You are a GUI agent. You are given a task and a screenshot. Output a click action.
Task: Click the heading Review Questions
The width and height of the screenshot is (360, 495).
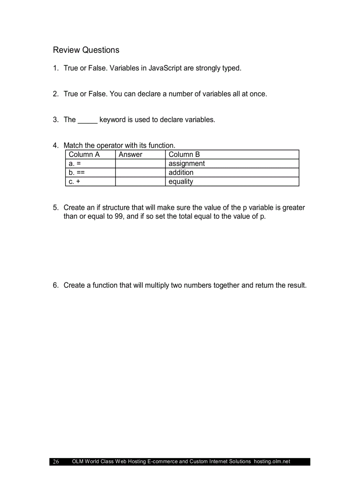tap(86, 50)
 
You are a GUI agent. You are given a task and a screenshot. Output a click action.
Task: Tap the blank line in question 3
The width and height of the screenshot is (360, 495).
tap(87, 120)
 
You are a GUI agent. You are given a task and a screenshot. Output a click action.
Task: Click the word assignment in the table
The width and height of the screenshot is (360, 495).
tap(187, 164)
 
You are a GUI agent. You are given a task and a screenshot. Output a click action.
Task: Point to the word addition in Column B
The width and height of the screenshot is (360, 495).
tap(181, 172)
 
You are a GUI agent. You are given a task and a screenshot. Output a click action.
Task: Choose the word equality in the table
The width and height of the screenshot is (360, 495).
tap(181, 182)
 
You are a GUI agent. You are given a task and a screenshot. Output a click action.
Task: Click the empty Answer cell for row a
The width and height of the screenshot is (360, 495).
tap(140, 164)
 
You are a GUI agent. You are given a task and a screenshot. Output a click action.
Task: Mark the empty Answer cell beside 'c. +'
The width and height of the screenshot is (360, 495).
tap(140, 182)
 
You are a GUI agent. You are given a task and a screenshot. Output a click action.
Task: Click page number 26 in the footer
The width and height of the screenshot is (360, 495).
tap(56, 462)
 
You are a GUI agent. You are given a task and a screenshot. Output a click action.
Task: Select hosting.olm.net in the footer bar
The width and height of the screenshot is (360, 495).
tap(272, 462)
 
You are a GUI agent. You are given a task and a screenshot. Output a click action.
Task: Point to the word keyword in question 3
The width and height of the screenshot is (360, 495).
tap(113, 120)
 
